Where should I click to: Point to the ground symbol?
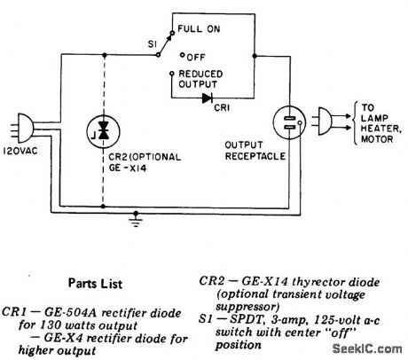137,221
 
